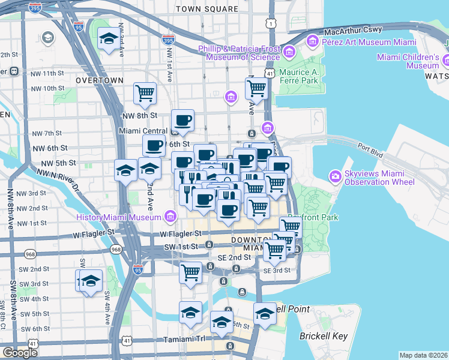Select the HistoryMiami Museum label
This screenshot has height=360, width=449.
120,217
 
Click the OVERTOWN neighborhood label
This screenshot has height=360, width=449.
100,80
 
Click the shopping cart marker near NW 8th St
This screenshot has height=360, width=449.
145,93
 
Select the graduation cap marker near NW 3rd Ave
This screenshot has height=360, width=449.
108,39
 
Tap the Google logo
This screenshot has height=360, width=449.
20,353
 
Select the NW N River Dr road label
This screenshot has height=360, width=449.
58,179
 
